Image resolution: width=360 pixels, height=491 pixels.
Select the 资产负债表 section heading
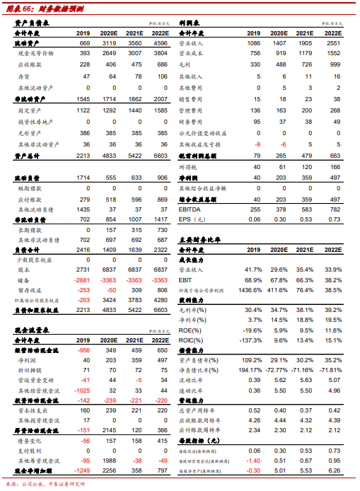pos(26,23)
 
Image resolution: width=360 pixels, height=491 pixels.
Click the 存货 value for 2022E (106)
pos(162,76)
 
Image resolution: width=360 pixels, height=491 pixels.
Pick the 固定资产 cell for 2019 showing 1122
pos(84,110)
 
